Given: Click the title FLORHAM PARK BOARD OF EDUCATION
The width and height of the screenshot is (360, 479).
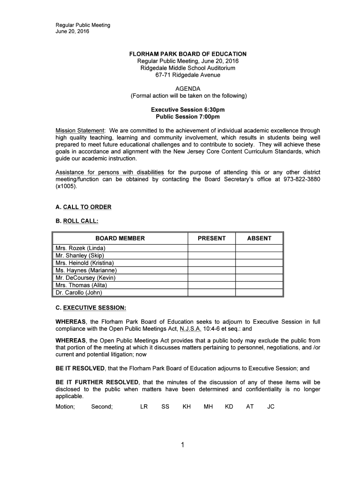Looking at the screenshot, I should (x=187, y=54).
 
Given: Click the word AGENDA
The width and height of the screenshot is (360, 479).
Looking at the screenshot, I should (x=187, y=88).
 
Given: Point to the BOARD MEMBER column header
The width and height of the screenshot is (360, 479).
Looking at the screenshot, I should (x=120, y=238).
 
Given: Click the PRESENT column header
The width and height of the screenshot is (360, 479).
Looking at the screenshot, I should (x=211, y=238).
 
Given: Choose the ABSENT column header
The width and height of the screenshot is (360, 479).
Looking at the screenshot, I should (x=259, y=238).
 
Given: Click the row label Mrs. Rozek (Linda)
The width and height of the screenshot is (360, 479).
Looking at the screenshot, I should (x=80, y=248).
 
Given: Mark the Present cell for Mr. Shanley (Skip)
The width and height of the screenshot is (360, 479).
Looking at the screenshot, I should (x=211, y=255).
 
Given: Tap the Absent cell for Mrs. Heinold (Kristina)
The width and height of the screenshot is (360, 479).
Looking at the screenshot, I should (x=259, y=263).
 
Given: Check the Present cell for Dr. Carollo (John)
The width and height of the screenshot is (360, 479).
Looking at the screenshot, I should (x=211, y=293).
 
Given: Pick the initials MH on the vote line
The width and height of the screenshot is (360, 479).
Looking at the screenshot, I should (x=208, y=406).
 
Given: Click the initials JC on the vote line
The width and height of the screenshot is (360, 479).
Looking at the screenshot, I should (x=271, y=406).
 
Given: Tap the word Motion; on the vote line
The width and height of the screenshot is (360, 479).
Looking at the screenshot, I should (x=65, y=406).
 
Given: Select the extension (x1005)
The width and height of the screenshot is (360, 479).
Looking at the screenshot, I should (x=65, y=186).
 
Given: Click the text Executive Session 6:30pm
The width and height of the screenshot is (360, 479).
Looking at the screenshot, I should (x=187, y=109).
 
